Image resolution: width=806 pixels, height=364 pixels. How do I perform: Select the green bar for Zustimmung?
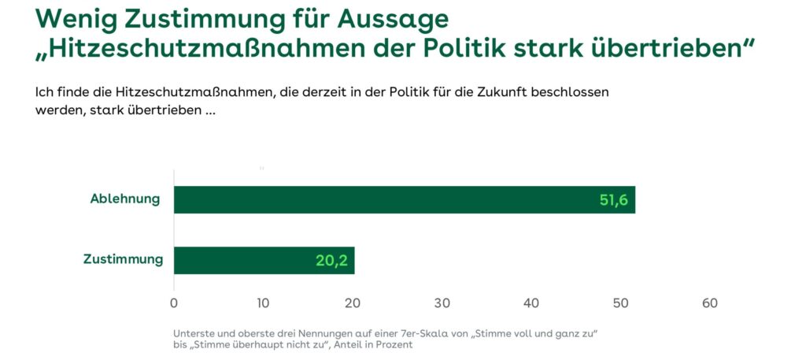pos(264,260)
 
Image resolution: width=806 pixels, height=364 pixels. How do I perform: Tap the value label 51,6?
pos(613,200)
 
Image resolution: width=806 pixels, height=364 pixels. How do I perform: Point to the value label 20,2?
pos(331,261)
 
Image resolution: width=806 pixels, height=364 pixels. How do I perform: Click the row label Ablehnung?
pos(125,199)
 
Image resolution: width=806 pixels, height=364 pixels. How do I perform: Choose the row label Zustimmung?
pos(124,259)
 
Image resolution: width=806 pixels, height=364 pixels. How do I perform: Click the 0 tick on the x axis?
pos(174,303)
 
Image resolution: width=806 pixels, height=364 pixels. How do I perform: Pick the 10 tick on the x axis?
pos(263,303)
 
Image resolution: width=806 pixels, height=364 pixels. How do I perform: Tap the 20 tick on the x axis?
pos(353,303)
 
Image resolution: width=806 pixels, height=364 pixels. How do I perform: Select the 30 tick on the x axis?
pos(442,303)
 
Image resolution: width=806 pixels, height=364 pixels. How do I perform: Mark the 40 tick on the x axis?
pos(531,303)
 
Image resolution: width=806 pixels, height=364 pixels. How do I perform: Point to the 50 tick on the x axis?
pos(621,303)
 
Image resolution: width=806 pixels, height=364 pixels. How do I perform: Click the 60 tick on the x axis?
pos(710,303)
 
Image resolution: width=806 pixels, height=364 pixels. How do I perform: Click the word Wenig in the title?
pos(76,17)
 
